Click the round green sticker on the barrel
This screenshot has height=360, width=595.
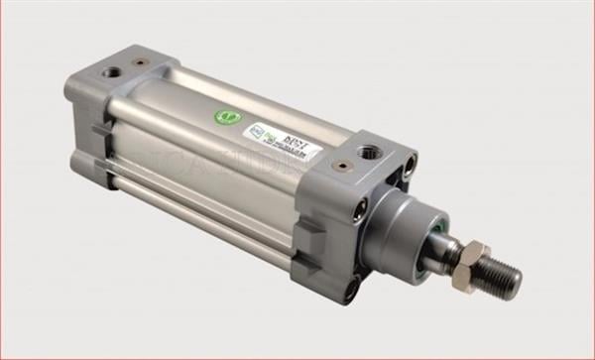[x=228, y=117]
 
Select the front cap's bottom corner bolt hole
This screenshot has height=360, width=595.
[x=353, y=288]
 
